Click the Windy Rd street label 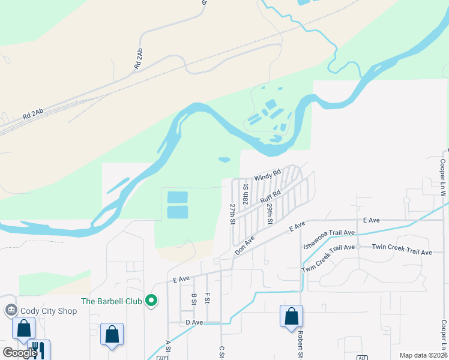[268, 175]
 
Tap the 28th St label [246, 195]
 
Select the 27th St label [232, 214]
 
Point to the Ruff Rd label [271, 196]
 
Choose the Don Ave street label [245, 245]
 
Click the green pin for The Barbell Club [152, 301]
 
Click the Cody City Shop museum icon [10, 310]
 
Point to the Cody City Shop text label [49, 311]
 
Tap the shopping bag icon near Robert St [291, 316]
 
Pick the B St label [194, 298]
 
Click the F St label [207, 298]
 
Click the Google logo [19, 353]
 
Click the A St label [168, 346]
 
